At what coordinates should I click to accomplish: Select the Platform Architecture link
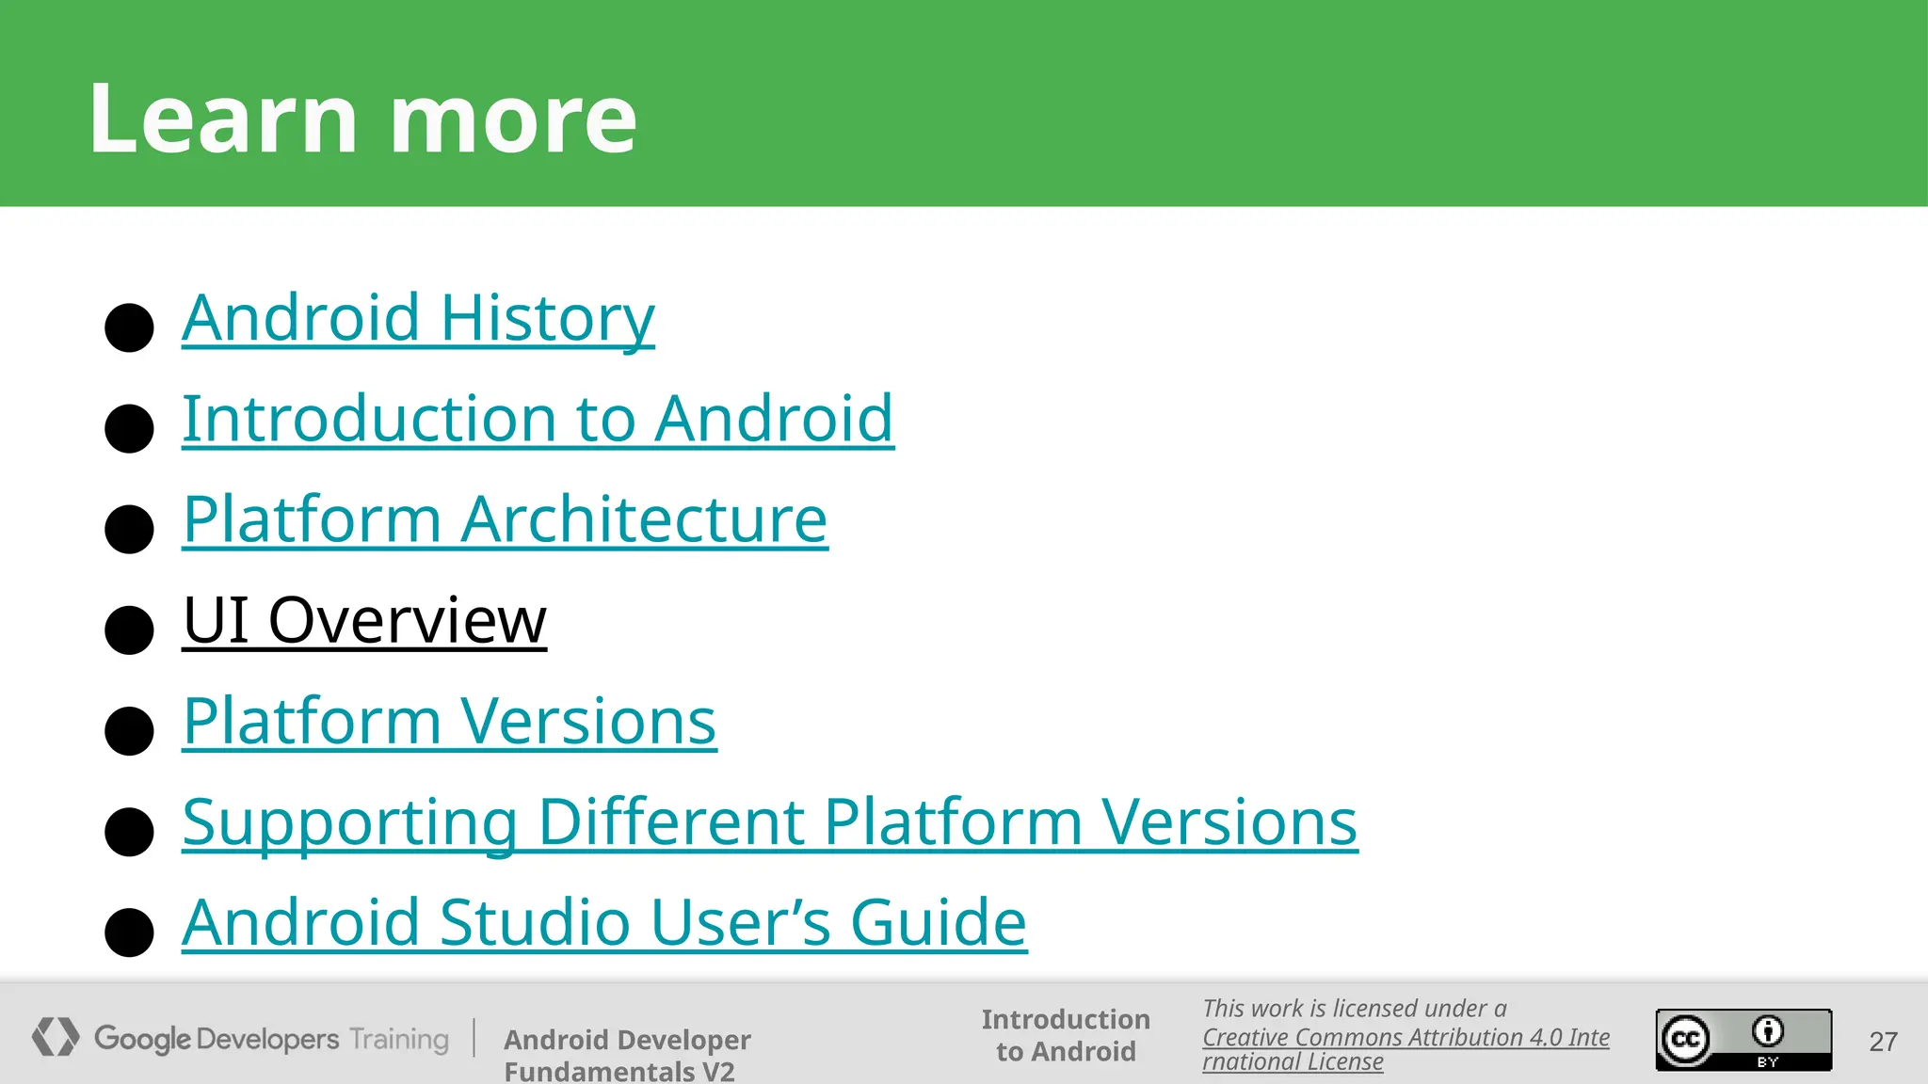point(505,519)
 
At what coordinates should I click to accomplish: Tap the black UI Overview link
point(364,620)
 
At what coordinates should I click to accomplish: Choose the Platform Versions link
point(449,722)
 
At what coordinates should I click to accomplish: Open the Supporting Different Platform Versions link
point(769,822)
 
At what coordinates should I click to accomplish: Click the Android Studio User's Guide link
point(603,922)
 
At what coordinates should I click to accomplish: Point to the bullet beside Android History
point(129,327)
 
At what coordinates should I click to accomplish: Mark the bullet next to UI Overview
point(129,630)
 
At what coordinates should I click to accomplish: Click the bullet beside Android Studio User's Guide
point(129,932)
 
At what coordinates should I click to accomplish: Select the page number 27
point(1883,1042)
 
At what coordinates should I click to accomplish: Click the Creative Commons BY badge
point(1743,1040)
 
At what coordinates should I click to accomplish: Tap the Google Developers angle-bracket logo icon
point(56,1037)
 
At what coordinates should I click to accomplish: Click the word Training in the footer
point(399,1039)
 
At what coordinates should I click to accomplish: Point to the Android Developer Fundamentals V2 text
point(627,1055)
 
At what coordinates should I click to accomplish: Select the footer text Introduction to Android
point(1066,1035)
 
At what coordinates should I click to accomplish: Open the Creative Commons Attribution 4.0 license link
point(1405,1048)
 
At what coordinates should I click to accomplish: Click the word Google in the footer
point(143,1039)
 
